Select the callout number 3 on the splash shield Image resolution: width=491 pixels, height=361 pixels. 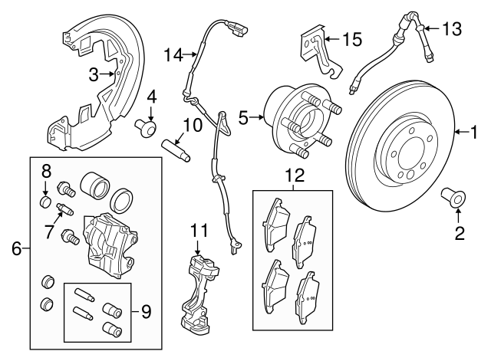click(93, 74)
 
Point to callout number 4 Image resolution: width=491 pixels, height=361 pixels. click(151, 97)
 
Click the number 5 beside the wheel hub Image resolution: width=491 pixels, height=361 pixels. click(243, 117)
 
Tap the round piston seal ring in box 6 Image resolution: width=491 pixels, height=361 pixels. click(123, 202)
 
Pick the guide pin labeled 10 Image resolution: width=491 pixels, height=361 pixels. click(177, 142)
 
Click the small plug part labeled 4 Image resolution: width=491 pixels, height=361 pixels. click(145, 126)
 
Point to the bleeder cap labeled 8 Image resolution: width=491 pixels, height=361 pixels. click(45, 203)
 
